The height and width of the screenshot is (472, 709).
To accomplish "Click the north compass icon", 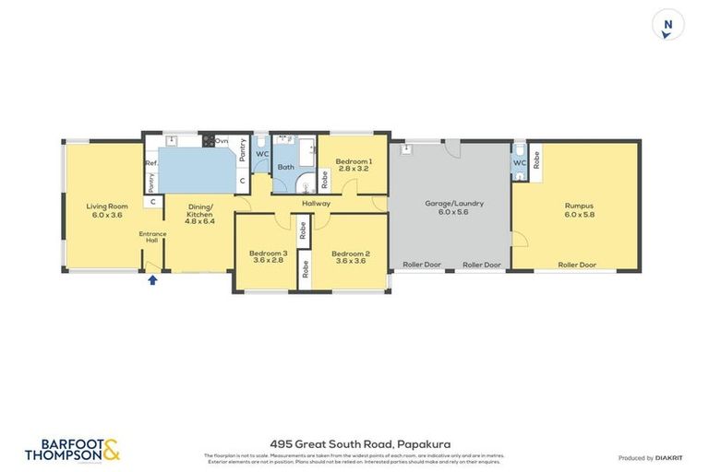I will click(667, 25).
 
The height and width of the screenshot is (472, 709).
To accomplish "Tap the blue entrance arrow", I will click(153, 280).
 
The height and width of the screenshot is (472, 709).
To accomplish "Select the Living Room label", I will click(106, 210).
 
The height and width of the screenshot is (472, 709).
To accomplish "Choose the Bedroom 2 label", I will click(351, 256).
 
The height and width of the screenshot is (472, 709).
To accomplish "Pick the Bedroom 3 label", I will click(269, 256).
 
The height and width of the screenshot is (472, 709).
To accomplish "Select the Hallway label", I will click(315, 203).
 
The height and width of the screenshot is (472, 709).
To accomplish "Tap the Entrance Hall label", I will click(152, 237).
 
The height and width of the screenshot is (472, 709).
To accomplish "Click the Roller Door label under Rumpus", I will click(576, 265).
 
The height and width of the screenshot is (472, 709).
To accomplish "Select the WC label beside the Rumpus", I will click(519, 164).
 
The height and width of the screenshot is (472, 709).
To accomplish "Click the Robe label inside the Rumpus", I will click(536, 158).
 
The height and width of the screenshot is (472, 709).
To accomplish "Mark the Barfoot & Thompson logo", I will click(72, 450).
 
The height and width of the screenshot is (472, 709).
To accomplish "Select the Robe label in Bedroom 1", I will click(324, 178).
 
